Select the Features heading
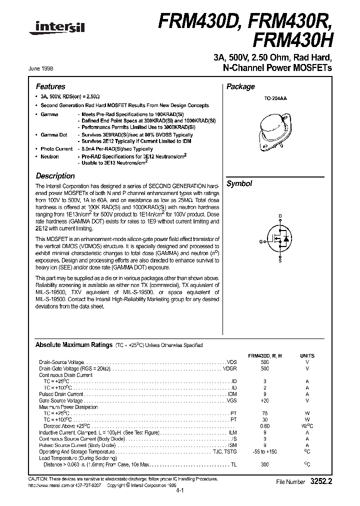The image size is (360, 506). click(50, 86)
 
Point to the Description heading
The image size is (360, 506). click(55, 176)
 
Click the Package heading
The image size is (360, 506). click(241, 86)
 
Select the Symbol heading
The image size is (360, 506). click(239, 184)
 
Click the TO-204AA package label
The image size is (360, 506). click(275, 99)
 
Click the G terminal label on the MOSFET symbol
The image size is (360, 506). click(260, 241)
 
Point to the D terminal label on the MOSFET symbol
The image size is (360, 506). click(280, 216)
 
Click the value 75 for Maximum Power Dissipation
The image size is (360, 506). click(264, 413)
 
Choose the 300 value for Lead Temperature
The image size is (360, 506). click(264, 464)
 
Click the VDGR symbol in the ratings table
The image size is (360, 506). click(229, 368)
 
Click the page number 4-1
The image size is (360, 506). click(180, 491)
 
